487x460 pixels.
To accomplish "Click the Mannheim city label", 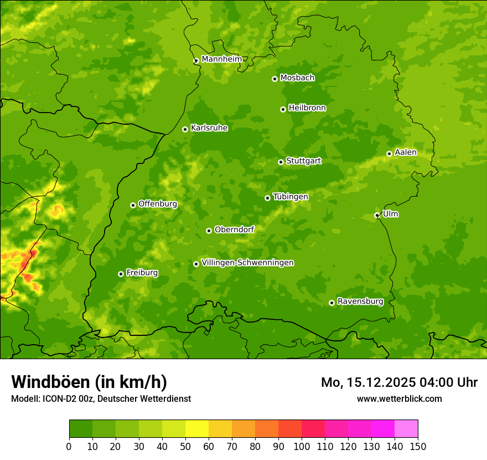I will pos(221,59).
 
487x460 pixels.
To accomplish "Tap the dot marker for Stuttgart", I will pos(281,162).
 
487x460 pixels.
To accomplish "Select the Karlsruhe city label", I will pos(209,128).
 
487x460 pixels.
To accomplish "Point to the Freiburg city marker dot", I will pos(121,274).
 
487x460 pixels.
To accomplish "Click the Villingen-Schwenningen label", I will pos(247,263).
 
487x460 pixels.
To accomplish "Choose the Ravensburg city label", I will pos(360,301).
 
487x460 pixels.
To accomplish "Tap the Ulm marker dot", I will pos(377,215).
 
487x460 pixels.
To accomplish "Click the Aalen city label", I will pos(405,152).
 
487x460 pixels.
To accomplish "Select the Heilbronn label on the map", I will pos(307,108).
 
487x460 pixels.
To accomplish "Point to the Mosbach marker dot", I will pos(274,79).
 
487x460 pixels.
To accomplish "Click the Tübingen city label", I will pos(290,197).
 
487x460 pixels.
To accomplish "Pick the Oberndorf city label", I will pos(234,229).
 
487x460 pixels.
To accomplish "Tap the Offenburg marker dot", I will pos(133,205).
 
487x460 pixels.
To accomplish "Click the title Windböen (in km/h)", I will pos(89,382).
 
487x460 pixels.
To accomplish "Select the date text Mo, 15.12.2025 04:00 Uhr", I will pos(399,382).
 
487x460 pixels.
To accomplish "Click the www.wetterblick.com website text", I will pos(399,398).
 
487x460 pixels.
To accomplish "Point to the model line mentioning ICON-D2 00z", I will pos(101,398).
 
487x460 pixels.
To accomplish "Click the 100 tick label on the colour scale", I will pos(302,446).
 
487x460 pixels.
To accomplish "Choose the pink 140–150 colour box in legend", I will pos(406,429).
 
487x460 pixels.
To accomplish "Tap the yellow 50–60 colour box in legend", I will pos(197,429).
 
